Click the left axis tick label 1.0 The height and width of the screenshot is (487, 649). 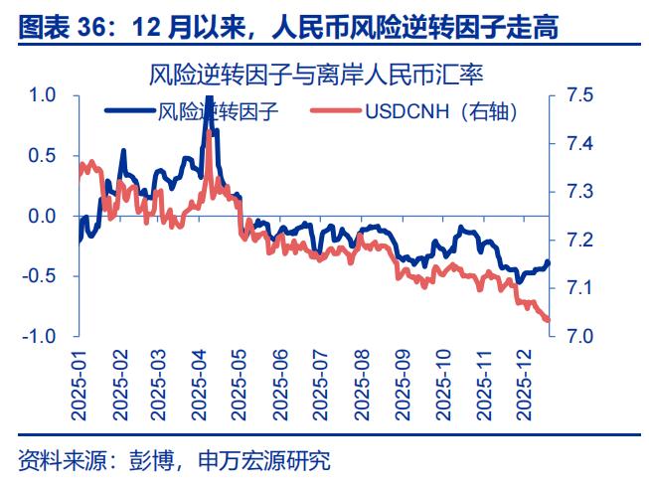[x=43, y=95]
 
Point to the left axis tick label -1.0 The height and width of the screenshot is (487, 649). [x=40, y=336]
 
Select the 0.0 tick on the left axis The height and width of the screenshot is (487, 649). [x=43, y=216]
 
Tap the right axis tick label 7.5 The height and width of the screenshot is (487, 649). [x=579, y=95]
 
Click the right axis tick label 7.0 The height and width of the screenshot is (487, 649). [x=579, y=336]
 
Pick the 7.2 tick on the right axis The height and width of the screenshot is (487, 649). [x=579, y=240]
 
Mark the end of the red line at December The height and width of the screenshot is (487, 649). [x=548, y=319]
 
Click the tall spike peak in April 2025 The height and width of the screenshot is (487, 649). [x=208, y=99]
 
